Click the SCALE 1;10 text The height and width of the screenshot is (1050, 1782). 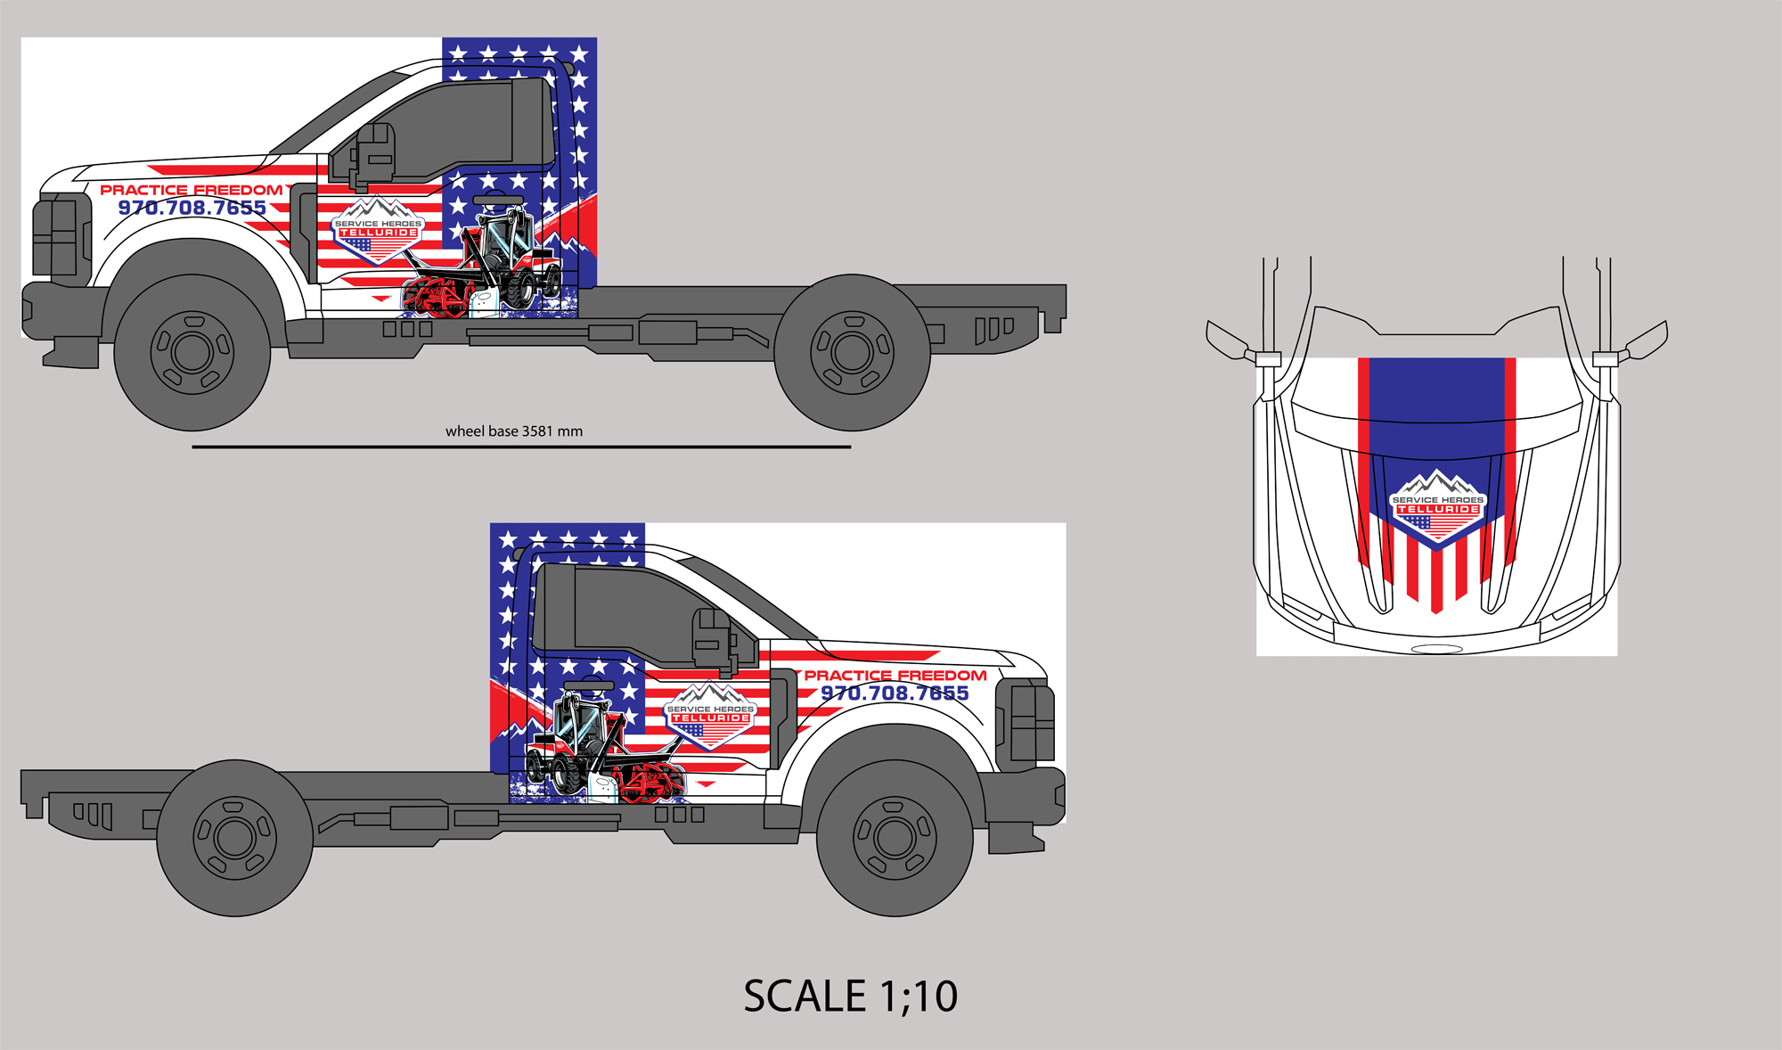tap(851, 996)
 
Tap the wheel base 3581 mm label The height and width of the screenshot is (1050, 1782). tap(514, 431)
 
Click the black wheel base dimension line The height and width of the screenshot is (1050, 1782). tap(521, 447)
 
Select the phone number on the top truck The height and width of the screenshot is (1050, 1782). tap(192, 208)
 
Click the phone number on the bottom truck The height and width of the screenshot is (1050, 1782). tap(895, 693)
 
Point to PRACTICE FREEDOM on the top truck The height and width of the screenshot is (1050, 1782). tap(192, 190)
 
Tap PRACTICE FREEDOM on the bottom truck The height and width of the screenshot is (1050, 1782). tap(895, 676)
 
